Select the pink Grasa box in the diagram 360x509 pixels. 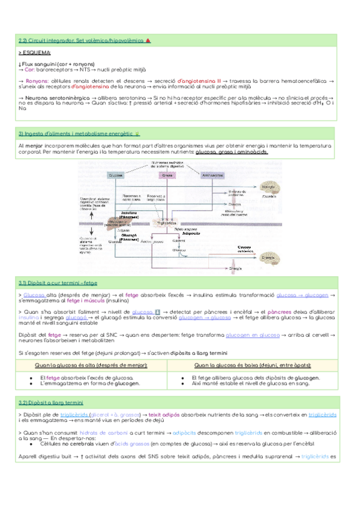click(x=166, y=175)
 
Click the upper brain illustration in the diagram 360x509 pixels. click(x=268, y=189)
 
